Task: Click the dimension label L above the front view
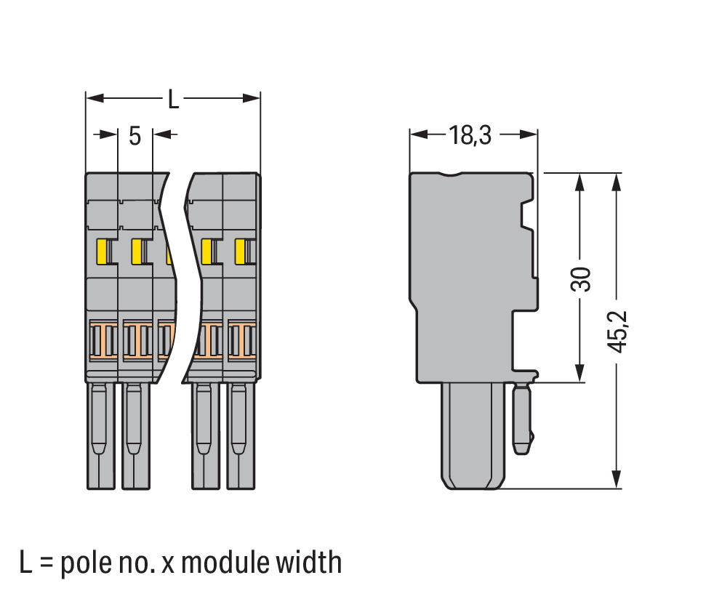173,99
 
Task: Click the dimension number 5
135,135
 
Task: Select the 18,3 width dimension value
470,135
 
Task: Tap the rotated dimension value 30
580,278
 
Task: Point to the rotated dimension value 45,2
617,331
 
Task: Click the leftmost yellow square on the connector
102,252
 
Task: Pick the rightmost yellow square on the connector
239,252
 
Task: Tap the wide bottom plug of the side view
473,436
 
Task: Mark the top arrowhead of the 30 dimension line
579,181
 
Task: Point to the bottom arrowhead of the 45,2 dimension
617,480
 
